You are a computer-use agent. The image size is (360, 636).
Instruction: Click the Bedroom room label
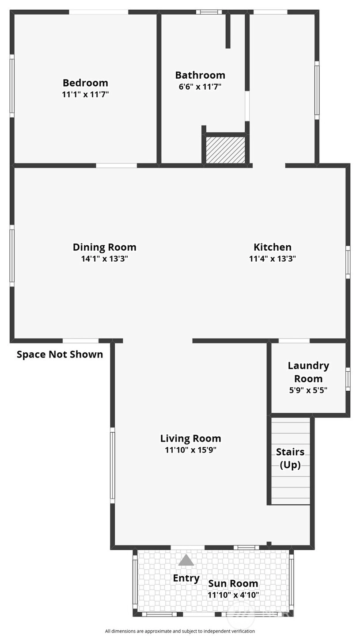tap(85, 83)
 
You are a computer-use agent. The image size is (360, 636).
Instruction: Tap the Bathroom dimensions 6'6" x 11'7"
tap(200, 87)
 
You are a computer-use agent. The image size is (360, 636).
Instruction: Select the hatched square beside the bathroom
tap(225, 150)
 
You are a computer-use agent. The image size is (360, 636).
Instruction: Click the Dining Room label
tap(104, 248)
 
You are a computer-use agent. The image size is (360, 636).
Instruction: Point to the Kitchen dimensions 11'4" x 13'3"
tap(273, 259)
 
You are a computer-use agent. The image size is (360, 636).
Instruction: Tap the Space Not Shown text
tap(60, 354)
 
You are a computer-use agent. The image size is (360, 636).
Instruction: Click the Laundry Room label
tap(308, 372)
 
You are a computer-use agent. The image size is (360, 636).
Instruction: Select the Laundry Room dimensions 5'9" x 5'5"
tap(308, 390)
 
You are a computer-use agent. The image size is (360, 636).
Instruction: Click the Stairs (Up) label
tap(290, 458)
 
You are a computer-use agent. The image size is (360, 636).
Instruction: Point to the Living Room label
tap(191, 438)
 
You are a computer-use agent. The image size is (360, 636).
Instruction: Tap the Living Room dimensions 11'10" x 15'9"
tap(191, 450)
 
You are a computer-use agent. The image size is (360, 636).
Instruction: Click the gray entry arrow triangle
tap(186, 560)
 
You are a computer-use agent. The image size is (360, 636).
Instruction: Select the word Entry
tap(186, 579)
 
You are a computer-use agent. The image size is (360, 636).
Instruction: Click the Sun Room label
tap(233, 583)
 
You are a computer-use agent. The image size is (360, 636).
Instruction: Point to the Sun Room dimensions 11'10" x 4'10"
tap(233, 595)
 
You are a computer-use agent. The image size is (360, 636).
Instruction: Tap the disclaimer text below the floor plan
tap(180, 631)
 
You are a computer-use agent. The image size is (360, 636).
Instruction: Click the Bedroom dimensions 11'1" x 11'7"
tap(85, 94)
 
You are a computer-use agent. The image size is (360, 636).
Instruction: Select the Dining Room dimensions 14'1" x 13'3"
tap(104, 259)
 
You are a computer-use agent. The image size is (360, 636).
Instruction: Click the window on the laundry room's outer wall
tap(348, 379)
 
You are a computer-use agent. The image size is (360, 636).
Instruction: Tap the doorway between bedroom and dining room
tap(116, 166)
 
